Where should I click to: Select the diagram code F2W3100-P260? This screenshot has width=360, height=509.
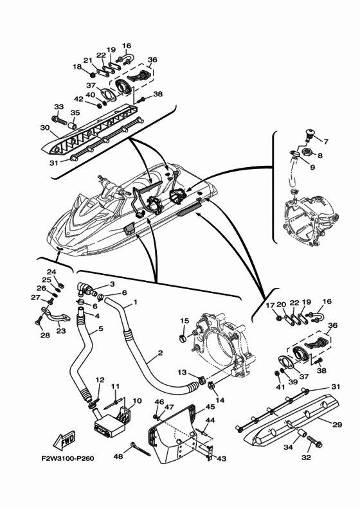[x=67, y=459]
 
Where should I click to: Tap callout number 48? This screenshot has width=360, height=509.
[x=118, y=456]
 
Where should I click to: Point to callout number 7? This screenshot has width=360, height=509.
[x=326, y=141]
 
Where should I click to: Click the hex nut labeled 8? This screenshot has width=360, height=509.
[x=307, y=151]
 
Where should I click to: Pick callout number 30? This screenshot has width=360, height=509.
[x=45, y=128]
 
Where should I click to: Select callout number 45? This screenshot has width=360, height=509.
[x=210, y=407]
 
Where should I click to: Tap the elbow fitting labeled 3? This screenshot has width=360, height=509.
[x=86, y=288]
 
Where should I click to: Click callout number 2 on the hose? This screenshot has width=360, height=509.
[x=160, y=353]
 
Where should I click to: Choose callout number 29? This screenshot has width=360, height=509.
[x=337, y=424]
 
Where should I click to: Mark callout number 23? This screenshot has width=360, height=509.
[x=61, y=331]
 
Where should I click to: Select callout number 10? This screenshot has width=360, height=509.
[x=138, y=400]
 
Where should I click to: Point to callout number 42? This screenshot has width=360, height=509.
[x=79, y=99]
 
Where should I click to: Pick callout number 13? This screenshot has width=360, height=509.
[x=183, y=371]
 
